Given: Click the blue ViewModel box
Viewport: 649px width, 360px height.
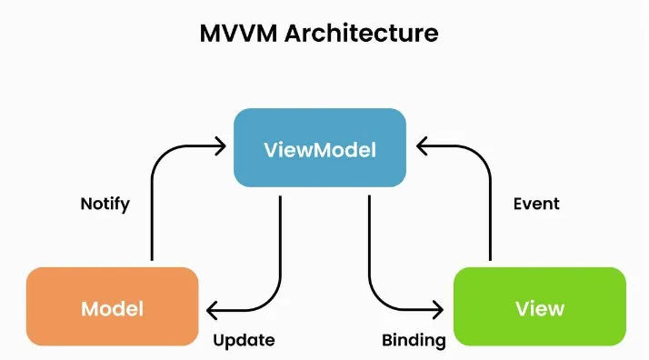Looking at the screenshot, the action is (320, 147).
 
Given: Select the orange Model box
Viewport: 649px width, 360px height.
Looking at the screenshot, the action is (112, 306).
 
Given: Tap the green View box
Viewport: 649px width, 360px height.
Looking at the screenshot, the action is (540, 306).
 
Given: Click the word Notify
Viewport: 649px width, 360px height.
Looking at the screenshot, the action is (105, 204).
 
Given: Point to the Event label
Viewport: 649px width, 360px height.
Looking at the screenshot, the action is (536, 204).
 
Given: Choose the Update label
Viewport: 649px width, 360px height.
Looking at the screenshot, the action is (244, 341).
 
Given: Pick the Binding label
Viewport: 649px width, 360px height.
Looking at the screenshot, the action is (414, 341).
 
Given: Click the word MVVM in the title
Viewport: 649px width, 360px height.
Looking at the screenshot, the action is (238, 33).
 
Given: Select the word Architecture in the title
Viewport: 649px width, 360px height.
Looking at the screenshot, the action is (362, 33).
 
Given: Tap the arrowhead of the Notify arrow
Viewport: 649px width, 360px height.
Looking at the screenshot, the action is (225, 146).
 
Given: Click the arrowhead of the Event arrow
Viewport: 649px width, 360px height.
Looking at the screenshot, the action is (417, 146).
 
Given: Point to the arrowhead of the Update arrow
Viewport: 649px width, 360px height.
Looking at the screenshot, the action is (208, 310).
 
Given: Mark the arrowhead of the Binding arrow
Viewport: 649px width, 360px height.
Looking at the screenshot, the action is (442, 310).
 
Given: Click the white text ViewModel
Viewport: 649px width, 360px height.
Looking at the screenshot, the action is (320, 149).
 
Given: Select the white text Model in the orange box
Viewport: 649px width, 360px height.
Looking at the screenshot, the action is (112, 309).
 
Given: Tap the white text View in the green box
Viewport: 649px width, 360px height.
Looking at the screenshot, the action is (540, 309).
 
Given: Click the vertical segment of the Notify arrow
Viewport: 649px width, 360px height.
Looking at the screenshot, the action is (152, 215).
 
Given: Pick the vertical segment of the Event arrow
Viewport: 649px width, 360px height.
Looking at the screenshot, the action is (491, 215).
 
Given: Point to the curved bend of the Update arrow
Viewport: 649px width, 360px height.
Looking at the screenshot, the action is (274, 301).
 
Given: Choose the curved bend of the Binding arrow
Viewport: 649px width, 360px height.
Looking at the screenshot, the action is (377, 301).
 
